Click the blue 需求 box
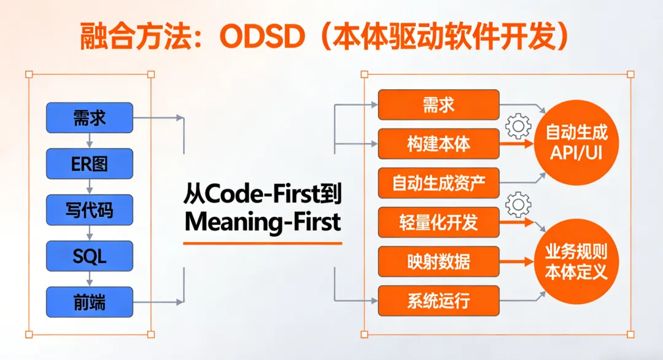pyautogui.click(x=89, y=117)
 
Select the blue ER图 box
pyautogui.click(x=89, y=163)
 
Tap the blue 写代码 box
pyautogui.click(x=89, y=209)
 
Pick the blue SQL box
pyautogui.click(x=89, y=256)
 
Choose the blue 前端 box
pyautogui.click(x=89, y=302)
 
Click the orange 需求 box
pyautogui.click(x=438, y=105)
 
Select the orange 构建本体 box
pyautogui.click(x=438, y=144)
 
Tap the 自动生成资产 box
pyautogui.click(x=438, y=183)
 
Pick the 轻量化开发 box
pyautogui.click(x=438, y=222)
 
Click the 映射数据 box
pyautogui.click(x=438, y=262)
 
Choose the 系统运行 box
pyautogui.click(x=438, y=301)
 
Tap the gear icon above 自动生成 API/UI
pyautogui.click(x=518, y=127)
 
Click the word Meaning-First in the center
pyautogui.click(x=262, y=222)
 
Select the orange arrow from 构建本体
pyautogui.click(x=516, y=145)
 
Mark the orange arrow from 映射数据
pyautogui.click(x=516, y=262)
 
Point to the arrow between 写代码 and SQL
pyautogui.click(x=90, y=233)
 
